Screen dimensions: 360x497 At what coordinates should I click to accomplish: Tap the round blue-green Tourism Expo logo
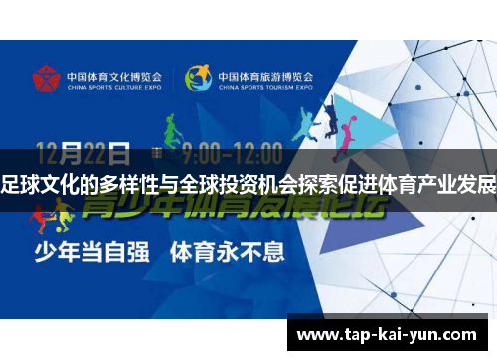[x=198, y=78]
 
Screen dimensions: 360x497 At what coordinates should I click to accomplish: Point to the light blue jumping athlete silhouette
[x=304, y=123]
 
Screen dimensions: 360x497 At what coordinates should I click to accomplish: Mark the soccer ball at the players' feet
[x=51, y=230]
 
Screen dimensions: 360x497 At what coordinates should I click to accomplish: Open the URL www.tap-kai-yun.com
[x=387, y=334]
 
